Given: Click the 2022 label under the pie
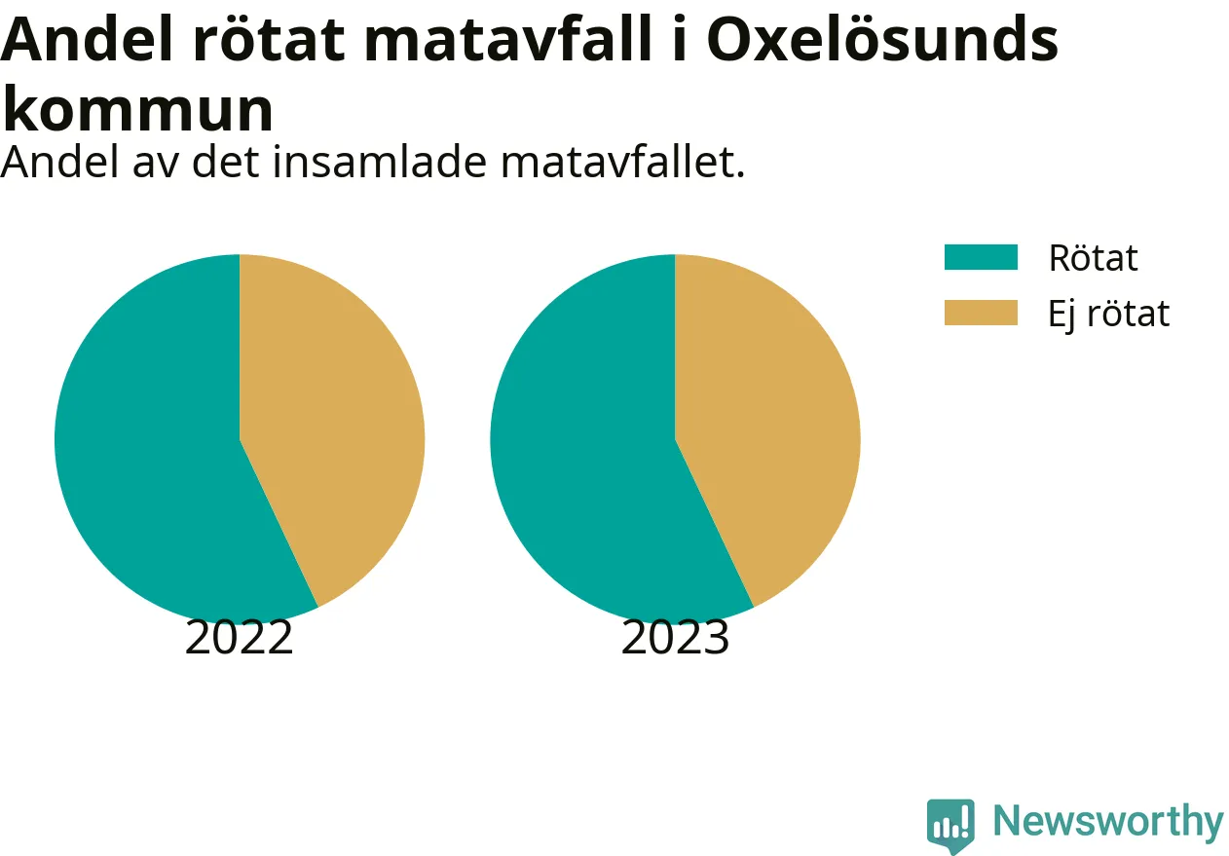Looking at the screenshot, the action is click(240, 637).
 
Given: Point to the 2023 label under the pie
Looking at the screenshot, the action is click(675, 637).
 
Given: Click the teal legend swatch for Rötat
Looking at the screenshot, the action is click(981, 257).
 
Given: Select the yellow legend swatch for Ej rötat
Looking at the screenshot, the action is click(981, 313).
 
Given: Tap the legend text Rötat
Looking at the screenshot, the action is click(1093, 257).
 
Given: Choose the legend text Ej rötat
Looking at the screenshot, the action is click(1109, 315).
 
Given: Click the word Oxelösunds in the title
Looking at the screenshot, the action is click(882, 40).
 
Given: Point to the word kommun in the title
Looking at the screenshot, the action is click(137, 109).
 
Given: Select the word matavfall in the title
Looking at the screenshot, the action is click(507, 40).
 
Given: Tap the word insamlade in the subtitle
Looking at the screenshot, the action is click(380, 162).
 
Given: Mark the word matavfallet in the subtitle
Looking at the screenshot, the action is click(622, 162).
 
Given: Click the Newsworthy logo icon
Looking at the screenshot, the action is click(950, 826).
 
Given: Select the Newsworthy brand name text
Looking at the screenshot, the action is click(1108, 822).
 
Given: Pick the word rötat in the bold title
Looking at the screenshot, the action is click(269, 40).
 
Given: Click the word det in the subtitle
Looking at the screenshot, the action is click(225, 162).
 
